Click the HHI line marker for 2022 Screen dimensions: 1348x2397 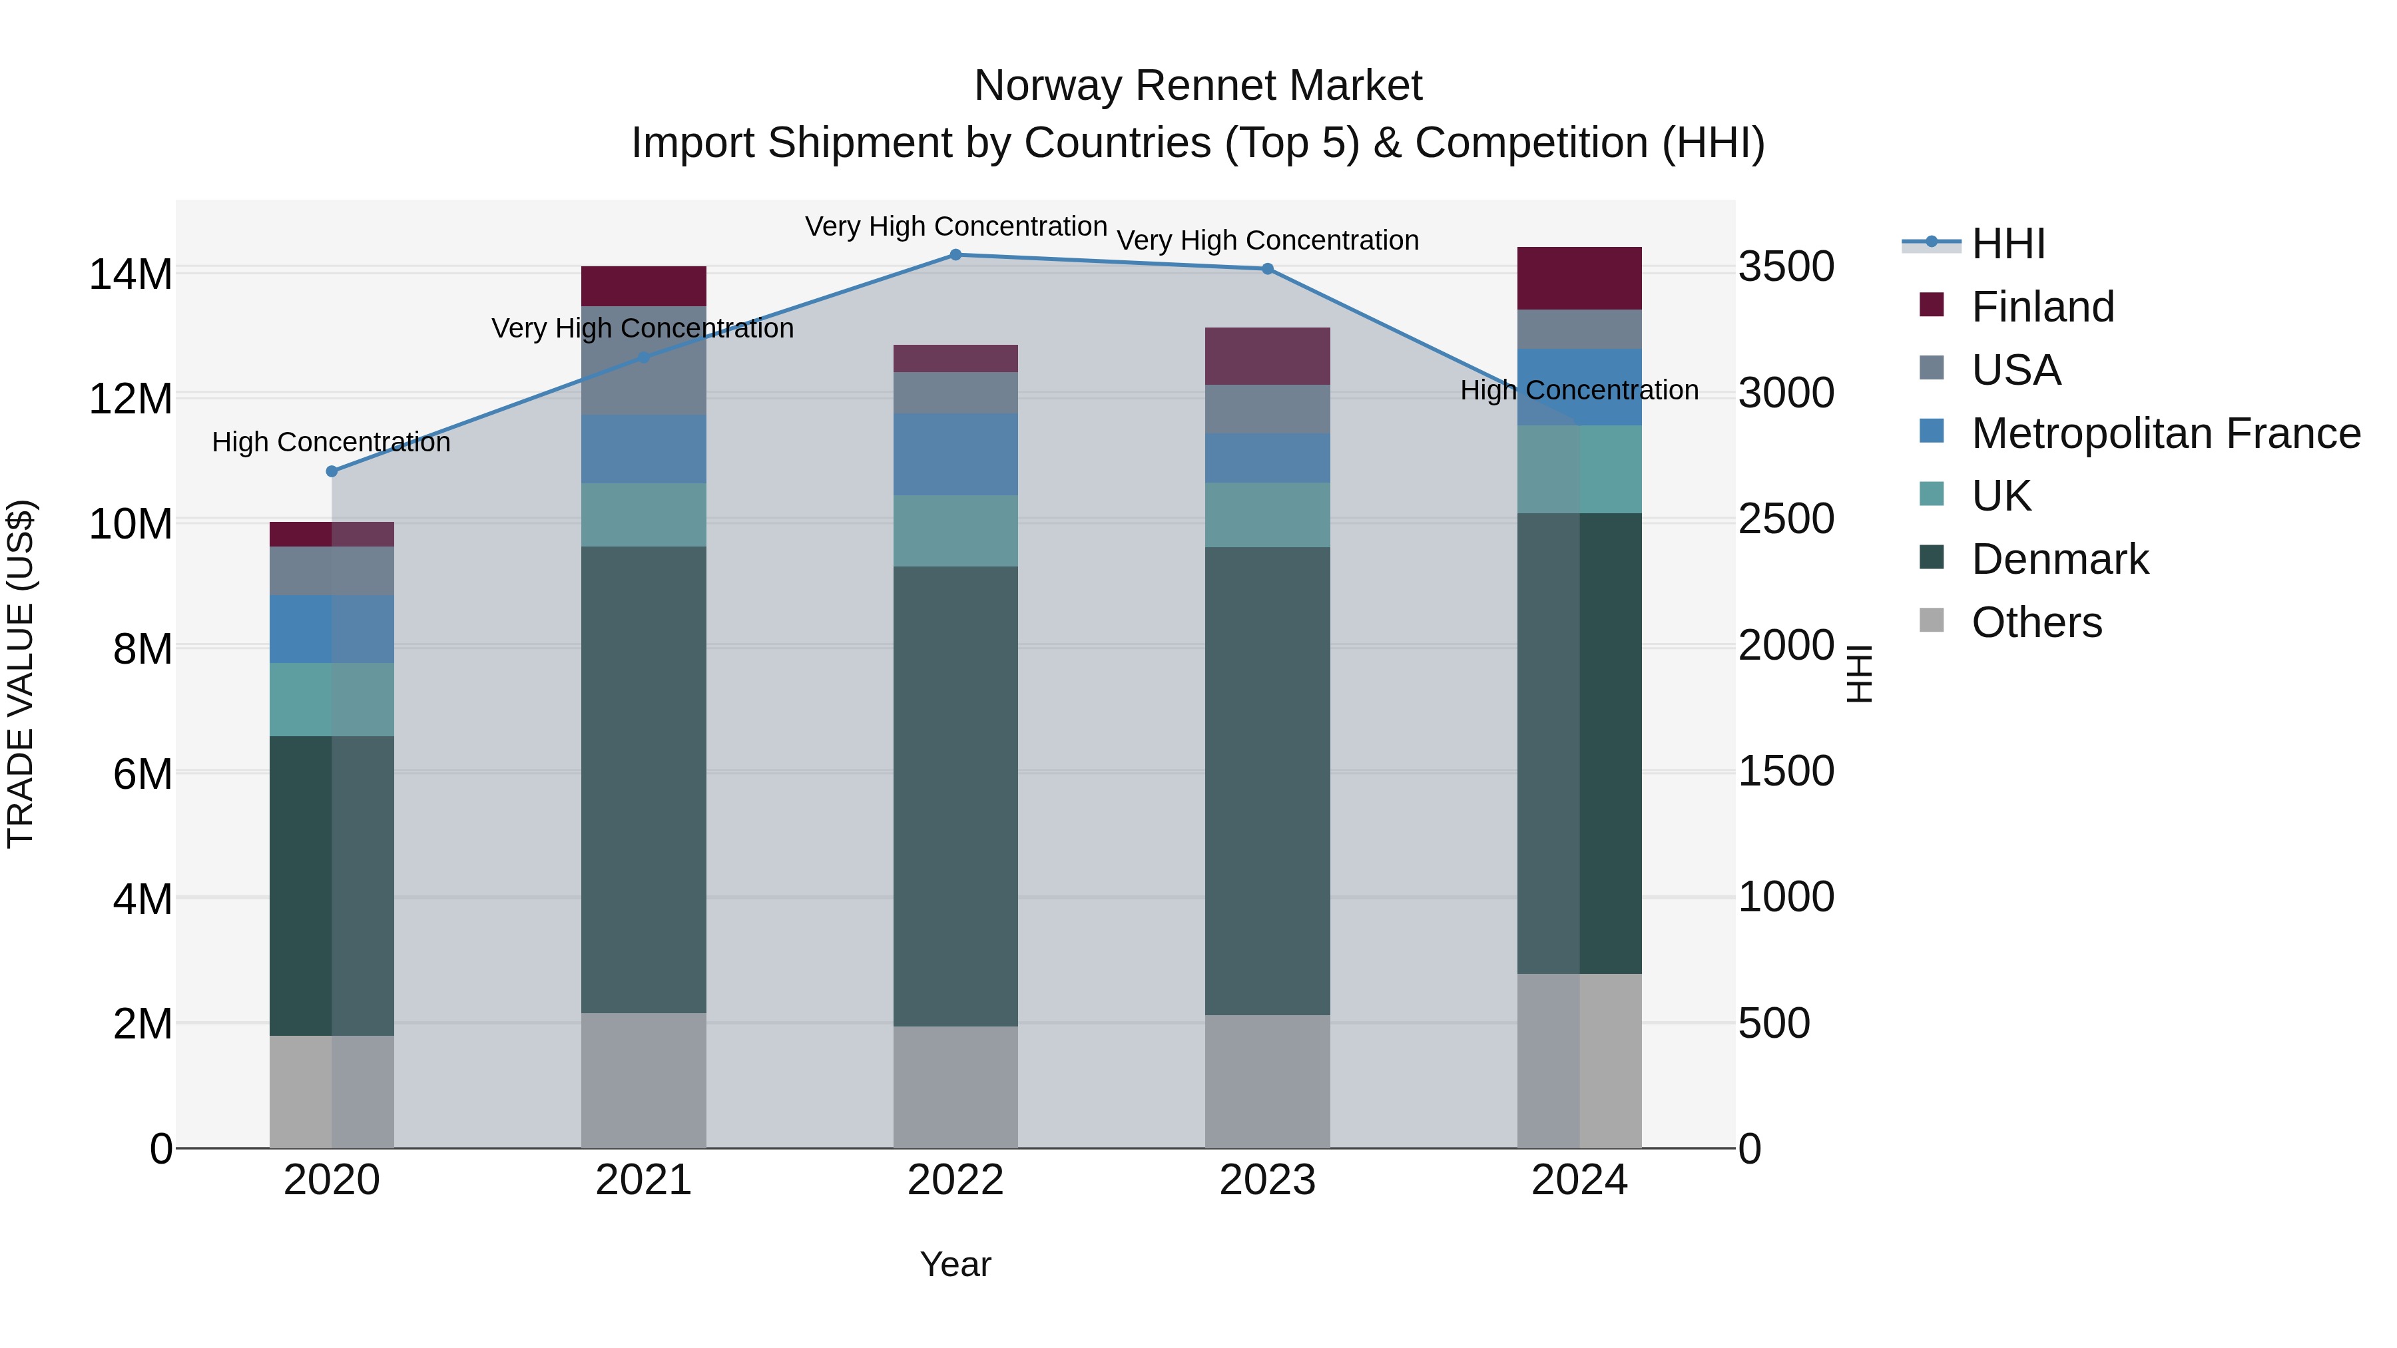tap(955, 254)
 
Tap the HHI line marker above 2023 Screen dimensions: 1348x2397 tap(1267, 269)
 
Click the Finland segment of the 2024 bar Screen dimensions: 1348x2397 tap(1579, 278)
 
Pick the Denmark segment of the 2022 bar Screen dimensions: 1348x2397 tap(955, 795)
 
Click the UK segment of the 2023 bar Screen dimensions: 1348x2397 tap(1267, 515)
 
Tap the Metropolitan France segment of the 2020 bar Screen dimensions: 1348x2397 tap(332, 629)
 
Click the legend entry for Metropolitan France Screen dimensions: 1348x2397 tap(2165, 433)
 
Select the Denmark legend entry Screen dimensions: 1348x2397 tap(2059, 560)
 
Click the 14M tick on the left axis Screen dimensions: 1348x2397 tap(131, 274)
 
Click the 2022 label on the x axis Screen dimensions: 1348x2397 tap(955, 1180)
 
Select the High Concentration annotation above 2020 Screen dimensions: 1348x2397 tap(332, 442)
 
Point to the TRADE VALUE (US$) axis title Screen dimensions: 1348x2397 tap(21, 674)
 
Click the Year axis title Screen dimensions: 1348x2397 tap(955, 1264)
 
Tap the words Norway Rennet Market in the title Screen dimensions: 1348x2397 tap(1198, 87)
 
